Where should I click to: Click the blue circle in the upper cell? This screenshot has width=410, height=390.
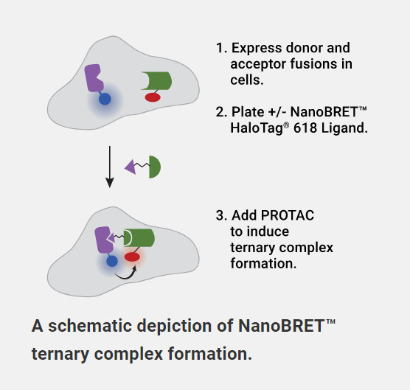(x=105, y=99)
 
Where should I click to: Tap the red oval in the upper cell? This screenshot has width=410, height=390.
(x=153, y=97)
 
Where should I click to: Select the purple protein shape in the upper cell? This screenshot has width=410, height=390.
(x=94, y=78)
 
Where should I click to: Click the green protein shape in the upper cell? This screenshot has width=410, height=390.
(x=156, y=81)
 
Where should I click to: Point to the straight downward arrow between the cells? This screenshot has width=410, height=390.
(x=110, y=167)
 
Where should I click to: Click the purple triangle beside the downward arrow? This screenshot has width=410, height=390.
(x=131, y=167)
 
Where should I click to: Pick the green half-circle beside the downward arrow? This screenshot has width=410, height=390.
(x=155, y=167)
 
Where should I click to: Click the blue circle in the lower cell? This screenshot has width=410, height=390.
(x=112, y=261)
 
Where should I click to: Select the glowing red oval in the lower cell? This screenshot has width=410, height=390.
(x=132, y=257)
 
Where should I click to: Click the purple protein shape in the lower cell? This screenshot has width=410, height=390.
(x=102, y=240)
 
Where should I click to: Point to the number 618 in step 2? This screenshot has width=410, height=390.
(x=305, y=128)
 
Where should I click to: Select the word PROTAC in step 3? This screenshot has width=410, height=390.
(x=288, y=216)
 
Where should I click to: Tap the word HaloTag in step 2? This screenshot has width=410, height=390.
(x=257, y=128)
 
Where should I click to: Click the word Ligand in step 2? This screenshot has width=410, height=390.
(x=344, y=128)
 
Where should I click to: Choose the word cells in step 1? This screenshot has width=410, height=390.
(x=246, y=80)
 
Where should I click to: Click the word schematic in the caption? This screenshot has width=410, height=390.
(x=91, y=326)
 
